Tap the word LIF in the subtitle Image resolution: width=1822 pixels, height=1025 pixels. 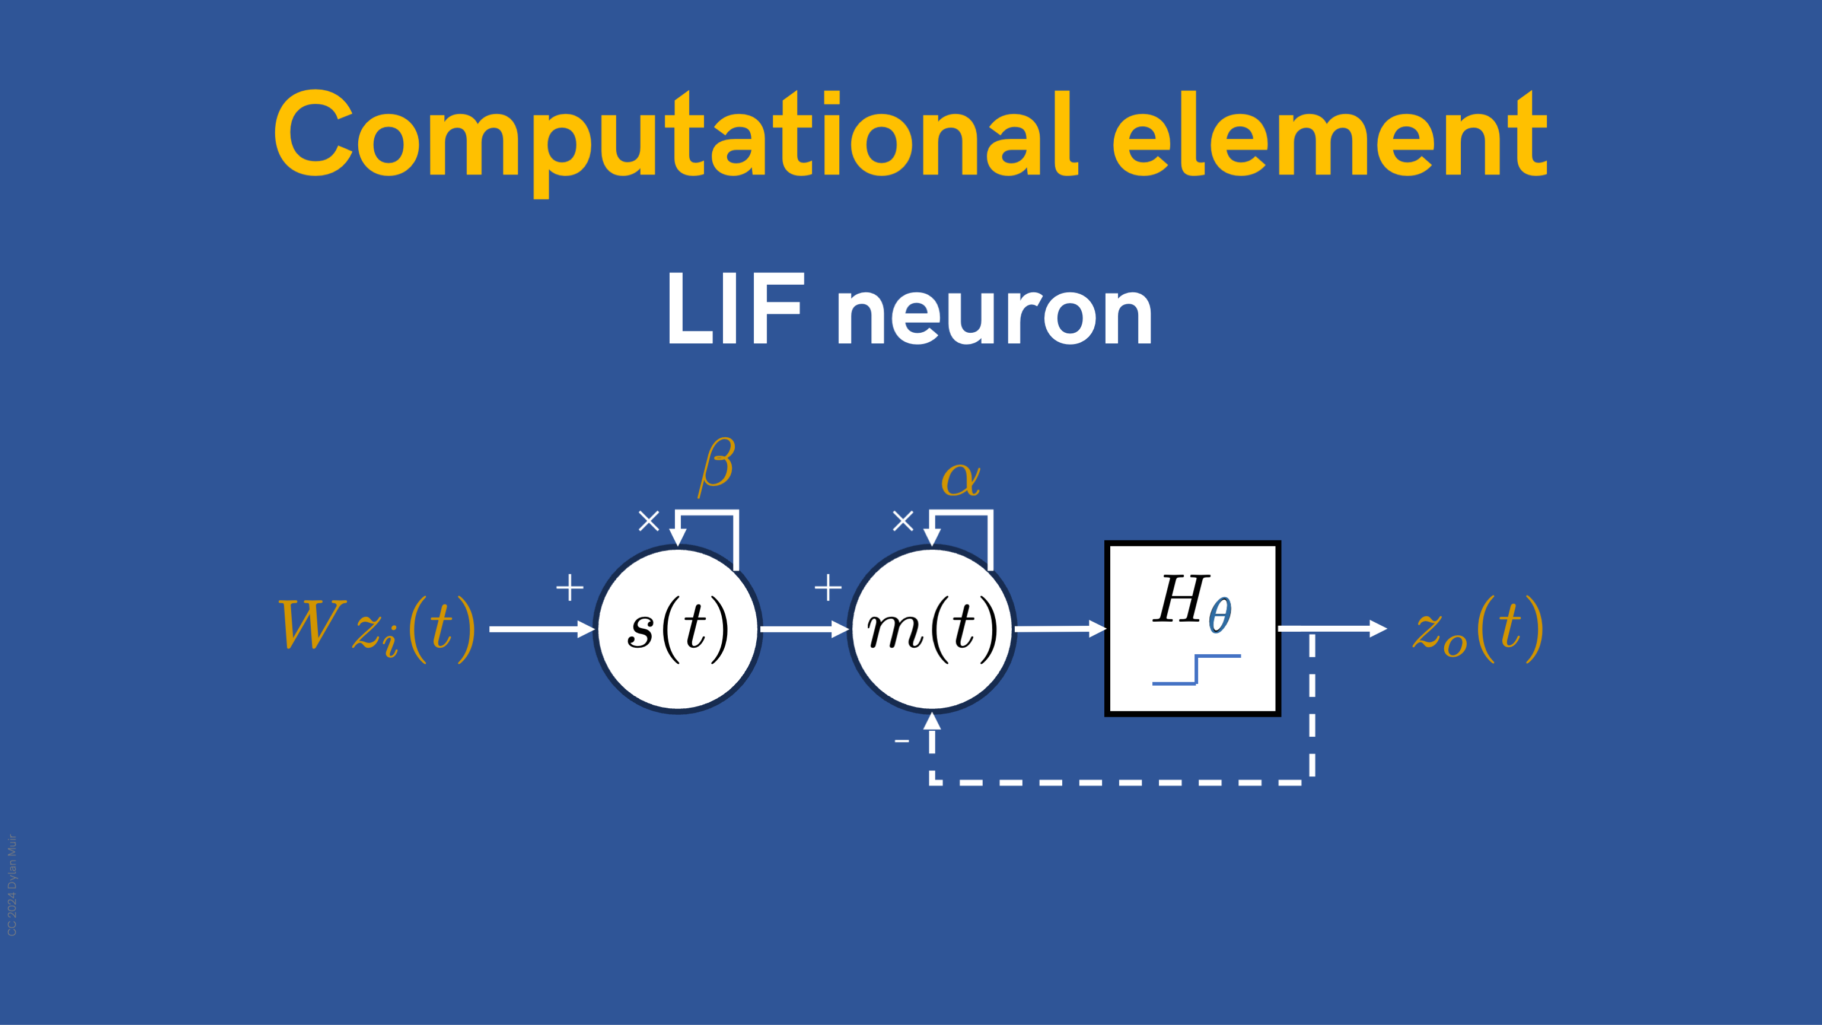(x=735, y=308)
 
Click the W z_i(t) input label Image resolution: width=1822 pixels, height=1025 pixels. (x=378, y=628)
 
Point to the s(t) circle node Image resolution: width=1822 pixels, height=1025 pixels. (x=677, y=629)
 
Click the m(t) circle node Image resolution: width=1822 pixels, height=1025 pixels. (x=932, y=629)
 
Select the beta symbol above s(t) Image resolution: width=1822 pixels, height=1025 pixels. (x=717, y=466)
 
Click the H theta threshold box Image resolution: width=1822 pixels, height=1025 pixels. (x=1193, y=629)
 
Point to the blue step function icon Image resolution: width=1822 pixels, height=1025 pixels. (x=1196, y=670)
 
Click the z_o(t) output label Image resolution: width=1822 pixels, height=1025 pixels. (x=1478, y=628)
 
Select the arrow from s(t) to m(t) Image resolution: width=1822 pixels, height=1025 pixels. (x=805, y=629)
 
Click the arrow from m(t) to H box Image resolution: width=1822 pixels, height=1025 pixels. (x=1060, y=628)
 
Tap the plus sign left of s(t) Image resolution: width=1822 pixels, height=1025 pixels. (x=569, y=587)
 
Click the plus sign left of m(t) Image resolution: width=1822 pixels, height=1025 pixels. (x=827, y=587)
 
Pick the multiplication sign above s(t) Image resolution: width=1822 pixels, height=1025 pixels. (x=649, y=521)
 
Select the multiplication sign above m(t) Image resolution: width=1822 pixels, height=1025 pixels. (x=903, y=521)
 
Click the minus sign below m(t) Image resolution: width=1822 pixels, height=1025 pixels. (x=902, y=741)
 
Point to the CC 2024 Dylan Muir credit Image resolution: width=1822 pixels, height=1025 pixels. (x=12, y=885)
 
